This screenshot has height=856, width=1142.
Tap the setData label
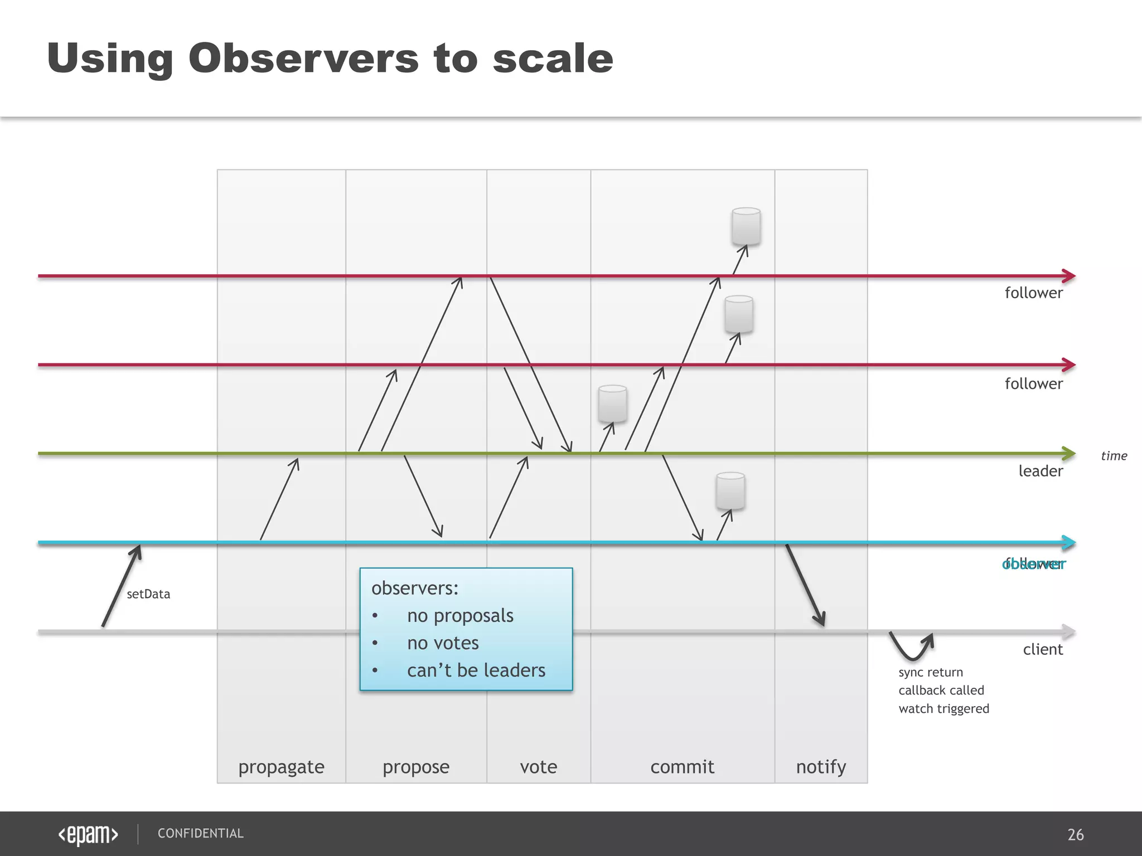click(x=148, y=594)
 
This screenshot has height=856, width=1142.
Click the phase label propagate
click(x=281, y=767)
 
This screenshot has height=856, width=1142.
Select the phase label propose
click(x=416, y=767)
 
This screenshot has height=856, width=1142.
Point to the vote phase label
click(x=538, y=767)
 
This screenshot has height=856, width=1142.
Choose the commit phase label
click(x=682, y=767)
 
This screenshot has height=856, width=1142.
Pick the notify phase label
click(x=821, y=767)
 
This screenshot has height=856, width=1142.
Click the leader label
click(x=1041, y=471)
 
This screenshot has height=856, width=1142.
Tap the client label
click(x=1043, y=650)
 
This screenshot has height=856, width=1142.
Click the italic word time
click(x=1114, y=456)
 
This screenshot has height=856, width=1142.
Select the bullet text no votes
click(x=443, y=643)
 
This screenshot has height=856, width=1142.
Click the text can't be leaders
click(x=476, y=670)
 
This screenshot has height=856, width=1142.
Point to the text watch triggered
click(x=943, y=709)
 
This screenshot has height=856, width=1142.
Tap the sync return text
click(x=931, y=672)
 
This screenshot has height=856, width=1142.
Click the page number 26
click(x=1075, y=834)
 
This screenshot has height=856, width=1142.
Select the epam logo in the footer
click(x=88, y=834)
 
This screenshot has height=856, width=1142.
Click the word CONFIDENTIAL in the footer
click(x=200, y=834)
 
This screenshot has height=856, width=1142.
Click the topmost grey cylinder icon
click(x=746, y=226)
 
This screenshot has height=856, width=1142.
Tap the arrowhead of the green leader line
click(x=1068, y=454)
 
